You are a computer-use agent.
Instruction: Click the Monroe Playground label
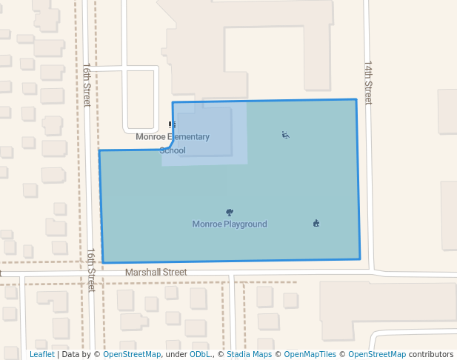click(x=230, y=224)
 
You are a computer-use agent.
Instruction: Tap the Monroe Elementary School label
click(x=173, y=143)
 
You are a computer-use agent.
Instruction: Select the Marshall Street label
click(x=156, y=272)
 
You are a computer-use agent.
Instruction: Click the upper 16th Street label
click(x=87, y=84)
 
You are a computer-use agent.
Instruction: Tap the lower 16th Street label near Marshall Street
click(x=91, y=270)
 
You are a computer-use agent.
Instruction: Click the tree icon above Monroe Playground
click(x=229, y=213)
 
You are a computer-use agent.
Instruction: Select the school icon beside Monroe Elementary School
click(x=172, y=125)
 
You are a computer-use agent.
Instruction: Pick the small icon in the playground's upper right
click(x=285, y=135)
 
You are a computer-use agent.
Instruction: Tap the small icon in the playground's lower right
click(x=316, y=223)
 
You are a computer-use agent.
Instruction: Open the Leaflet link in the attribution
click(x=41, y=354)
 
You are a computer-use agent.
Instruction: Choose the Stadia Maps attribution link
click(x=249, y=354)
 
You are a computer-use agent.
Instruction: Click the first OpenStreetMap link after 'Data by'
click(x=132, y=354)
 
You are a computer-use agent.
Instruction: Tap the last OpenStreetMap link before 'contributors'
click(x=377, y=354)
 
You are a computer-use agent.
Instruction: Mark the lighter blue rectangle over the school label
click(x=204, y=133)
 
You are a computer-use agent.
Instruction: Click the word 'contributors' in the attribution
click(x=431, y=354)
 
